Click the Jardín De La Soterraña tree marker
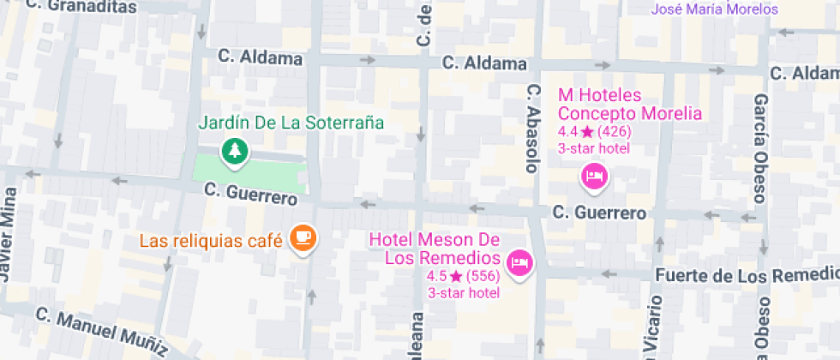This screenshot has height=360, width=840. tap(234, 152)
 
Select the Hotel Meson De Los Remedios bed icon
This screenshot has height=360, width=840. tap(519, 261)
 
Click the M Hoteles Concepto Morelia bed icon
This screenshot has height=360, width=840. tap(594, 177)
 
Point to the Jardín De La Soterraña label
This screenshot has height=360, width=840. tap(291, 123)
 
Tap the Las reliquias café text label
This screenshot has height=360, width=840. tap(211, 241)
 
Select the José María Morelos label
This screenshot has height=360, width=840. tap(715, 9)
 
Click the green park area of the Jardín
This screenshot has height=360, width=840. tap(249, 171)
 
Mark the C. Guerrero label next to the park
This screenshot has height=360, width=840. tap(250, 194)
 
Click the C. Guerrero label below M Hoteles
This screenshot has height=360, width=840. tap(598, 213)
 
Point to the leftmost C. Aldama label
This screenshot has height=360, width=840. tap(260, 58)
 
